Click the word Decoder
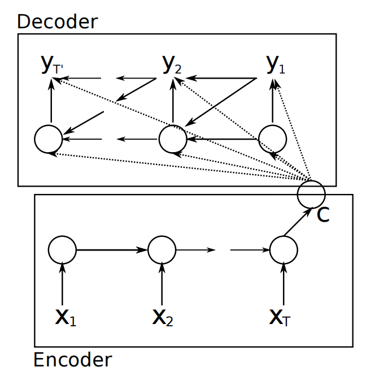58,21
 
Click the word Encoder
73,360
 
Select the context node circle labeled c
311,193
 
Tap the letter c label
322,215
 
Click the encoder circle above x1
62,249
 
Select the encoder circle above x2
162,249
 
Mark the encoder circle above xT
284,249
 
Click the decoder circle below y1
272,139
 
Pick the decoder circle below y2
173,139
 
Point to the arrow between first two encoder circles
112,249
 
